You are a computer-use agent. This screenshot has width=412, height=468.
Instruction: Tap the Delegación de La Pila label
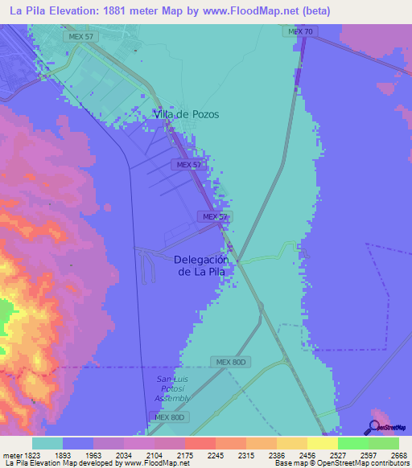coord(201,265)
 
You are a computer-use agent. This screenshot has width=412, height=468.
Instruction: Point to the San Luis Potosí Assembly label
coord(172,388)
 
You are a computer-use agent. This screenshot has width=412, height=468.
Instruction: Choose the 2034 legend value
coord(138,456)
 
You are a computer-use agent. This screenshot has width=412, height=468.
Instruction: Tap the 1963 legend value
coord(108,456)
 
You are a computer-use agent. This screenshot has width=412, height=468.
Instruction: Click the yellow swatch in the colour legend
coord(322,443)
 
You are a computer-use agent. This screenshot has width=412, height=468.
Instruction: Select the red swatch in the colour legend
coord(200,443)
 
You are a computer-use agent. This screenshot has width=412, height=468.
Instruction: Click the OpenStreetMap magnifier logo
coord(374,427)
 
